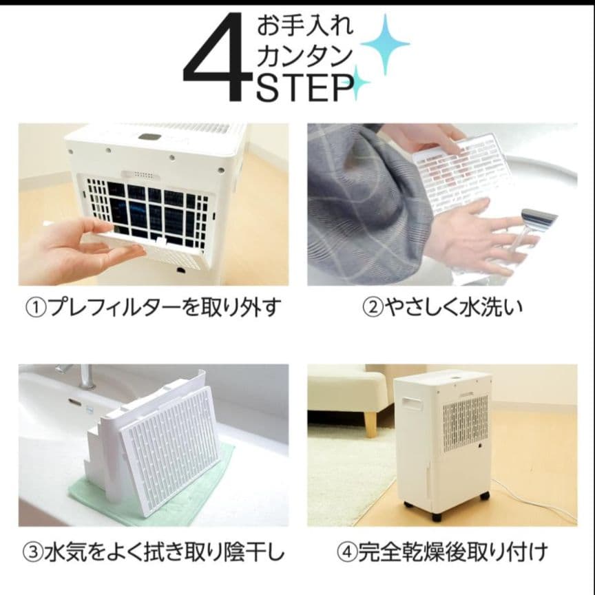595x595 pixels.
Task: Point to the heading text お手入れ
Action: [x=304, y=26]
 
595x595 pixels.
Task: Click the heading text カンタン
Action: [x=304, y=56]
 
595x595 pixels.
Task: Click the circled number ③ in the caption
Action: [x=35, y=552]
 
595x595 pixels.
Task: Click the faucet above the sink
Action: [x=83, y=375]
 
